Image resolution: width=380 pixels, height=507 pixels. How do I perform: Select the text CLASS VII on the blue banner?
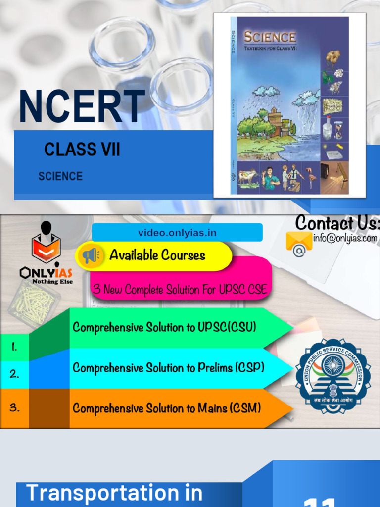click(x=82, y=149)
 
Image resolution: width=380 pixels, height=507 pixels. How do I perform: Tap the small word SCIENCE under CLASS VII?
click(x=60, y=176)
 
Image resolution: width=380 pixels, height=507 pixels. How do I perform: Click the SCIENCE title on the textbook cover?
click(x=270, y=37)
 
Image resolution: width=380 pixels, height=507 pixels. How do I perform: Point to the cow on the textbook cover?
click(x=248, y=176)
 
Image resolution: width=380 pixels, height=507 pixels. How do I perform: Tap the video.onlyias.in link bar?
click(x=177, y=233)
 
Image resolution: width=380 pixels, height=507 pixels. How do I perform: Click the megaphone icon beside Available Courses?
click(x=90, y=255)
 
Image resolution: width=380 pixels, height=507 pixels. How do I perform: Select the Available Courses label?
click(x=157, y=255)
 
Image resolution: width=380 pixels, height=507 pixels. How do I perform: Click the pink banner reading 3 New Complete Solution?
click(x=180, y=290)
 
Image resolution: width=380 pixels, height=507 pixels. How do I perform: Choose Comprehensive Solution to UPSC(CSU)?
click(x=164, y=327)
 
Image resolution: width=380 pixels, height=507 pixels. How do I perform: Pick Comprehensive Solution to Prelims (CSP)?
click(x=168, y=368)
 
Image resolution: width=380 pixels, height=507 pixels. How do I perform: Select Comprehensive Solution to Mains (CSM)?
click(x=166, y=408)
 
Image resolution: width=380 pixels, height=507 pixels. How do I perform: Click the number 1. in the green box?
click(x=14, y=348)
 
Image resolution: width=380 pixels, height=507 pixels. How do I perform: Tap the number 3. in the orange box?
click(x=14, y=408)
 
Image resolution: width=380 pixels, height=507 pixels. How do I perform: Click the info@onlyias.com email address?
click(x=345, y=238)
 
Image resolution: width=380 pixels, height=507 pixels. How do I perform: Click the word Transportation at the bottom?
click(x=114, y=493)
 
